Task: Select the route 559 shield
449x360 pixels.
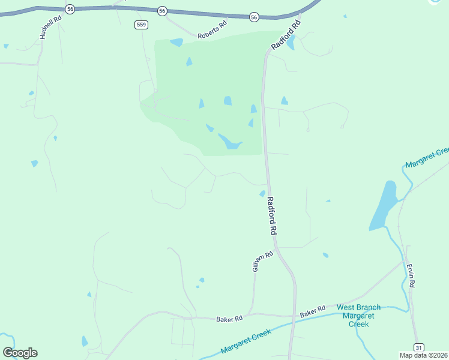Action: pyautogui.click(x=142, y=24)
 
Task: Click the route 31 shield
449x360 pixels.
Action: pyautogui.click(x=419, y=347)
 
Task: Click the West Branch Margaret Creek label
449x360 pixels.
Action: pyautogui.click(x=358, y=316)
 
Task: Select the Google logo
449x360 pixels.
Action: pyautogui.click(x=20, y=353)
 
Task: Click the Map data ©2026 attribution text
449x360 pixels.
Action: pyautogui.click(x=424, y=355)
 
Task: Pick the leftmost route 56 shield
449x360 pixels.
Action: pyautogui.click(x=70, y=9)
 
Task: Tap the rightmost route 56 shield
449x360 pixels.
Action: pyautogui.click(x=254, y=17)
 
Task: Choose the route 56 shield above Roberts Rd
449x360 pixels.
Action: pyautogui.click(x=162, y=11)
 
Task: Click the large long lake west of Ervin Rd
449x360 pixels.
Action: pyautogui.click(x=383, y=206)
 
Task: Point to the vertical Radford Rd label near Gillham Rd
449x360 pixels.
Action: pyautogui.click(x=272, y=215)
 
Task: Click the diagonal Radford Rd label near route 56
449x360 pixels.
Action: pyautogui.click(x=285, y=36)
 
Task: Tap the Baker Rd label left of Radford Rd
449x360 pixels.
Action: pyautogui.click(x=229, y=319)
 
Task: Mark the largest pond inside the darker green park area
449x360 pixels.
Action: pyautogui.click(x=229, y=142)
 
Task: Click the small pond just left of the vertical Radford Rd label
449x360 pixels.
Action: pyautogui.click(x=262, y=193)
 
